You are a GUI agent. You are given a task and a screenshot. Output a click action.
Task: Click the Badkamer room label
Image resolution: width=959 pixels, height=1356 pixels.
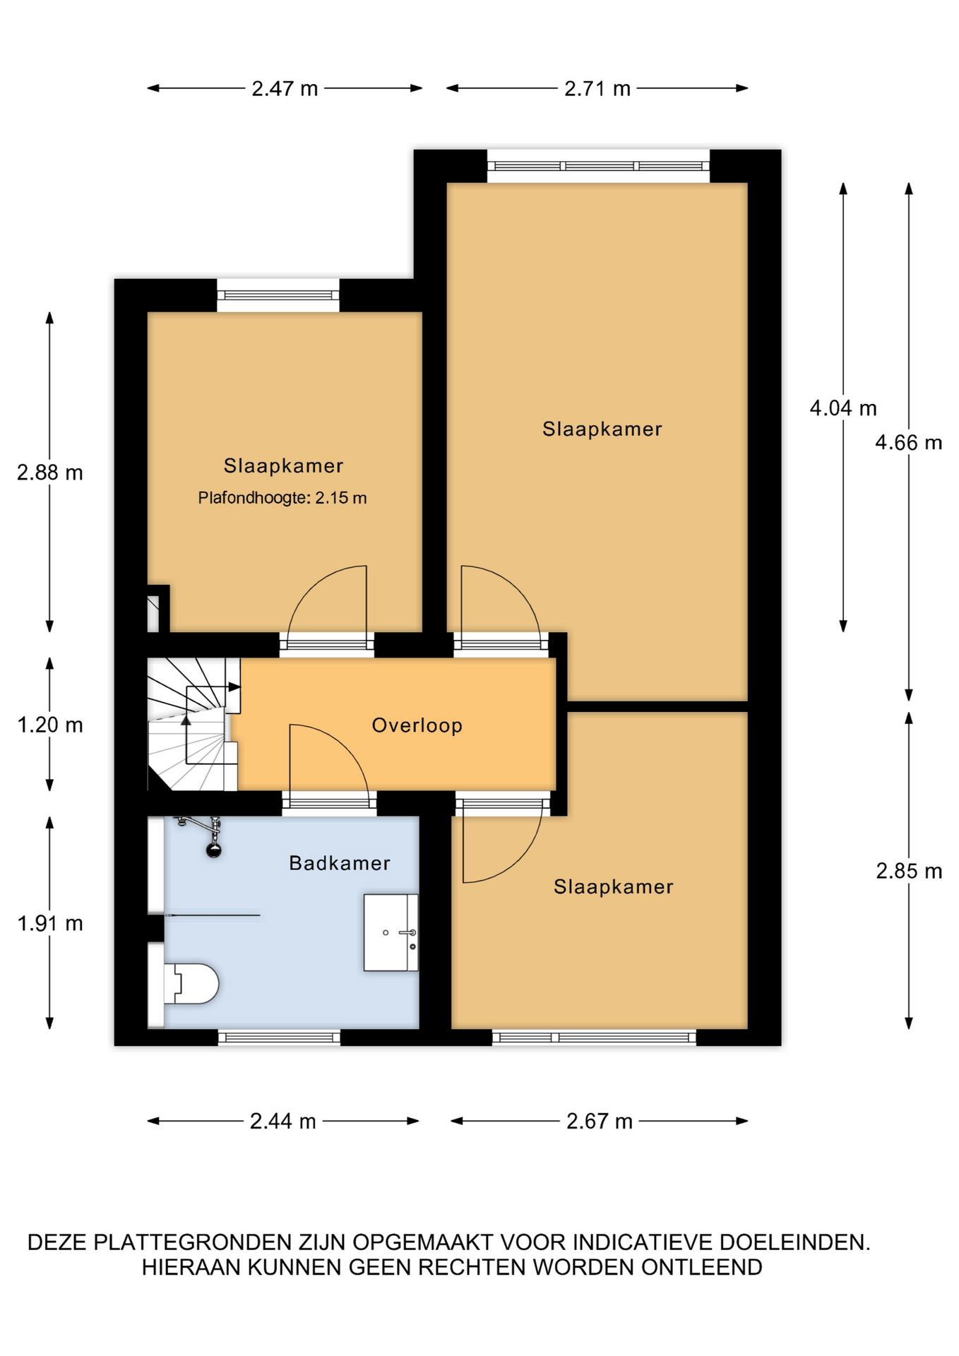340,863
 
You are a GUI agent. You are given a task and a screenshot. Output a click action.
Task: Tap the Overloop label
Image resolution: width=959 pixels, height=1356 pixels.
417,725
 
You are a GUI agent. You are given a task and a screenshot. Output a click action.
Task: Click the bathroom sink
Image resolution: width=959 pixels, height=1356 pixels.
391,932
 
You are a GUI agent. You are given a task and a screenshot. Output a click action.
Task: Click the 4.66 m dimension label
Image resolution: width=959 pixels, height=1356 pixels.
908,443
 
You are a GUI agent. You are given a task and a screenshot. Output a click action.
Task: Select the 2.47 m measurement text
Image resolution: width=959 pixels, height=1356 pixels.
285,89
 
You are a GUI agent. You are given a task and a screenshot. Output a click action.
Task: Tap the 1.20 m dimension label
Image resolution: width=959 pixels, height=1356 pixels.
50,725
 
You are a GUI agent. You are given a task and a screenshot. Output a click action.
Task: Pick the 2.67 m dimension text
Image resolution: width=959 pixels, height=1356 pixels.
599,1122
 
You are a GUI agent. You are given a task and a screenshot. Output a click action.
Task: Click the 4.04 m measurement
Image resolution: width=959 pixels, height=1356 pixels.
842,408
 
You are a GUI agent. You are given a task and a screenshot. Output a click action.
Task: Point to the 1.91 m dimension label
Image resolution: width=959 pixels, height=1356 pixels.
50,924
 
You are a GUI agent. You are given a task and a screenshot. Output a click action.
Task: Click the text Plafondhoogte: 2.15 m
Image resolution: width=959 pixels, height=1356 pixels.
282,498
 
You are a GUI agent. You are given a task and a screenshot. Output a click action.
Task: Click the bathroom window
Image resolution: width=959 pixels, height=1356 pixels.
279,1037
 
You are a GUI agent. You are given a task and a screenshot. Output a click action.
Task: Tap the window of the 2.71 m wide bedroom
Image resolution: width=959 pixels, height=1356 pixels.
598,166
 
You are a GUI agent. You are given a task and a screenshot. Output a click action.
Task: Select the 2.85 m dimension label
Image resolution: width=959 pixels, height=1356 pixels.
909,872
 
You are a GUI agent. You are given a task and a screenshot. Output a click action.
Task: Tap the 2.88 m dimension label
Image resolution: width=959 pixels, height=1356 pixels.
50,472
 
